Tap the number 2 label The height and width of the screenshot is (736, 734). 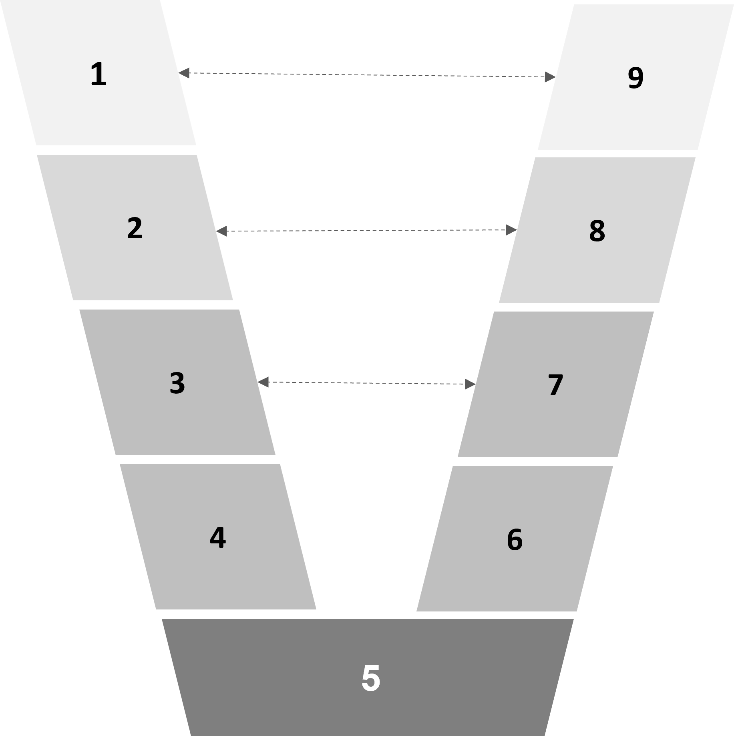click(x=135, y=229)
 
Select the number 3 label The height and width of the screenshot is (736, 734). click(x=177, y=383)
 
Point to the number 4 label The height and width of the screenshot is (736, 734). click(x=218, y=538)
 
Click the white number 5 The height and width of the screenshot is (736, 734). click(x=370, y=678)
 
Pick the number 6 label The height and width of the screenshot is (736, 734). click(x=515, y=540)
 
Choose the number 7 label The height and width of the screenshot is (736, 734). click(x=555, y=385)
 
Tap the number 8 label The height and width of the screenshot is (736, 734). click(x=597, y=231)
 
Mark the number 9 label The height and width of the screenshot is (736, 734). click(x=635, y=78)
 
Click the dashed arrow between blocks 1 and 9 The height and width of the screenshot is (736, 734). click(x=366, y=75)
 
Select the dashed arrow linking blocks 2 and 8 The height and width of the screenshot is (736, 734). click(x=366, y=231)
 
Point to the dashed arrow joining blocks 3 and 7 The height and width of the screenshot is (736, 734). click(x=366, y=383)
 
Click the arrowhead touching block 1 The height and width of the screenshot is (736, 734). click(x=184, y=73)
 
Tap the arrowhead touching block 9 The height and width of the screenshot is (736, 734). click(x=550, y=76)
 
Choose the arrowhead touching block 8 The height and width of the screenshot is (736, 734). click(x=511, y=230)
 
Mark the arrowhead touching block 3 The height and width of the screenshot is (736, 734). click(x=263, y=382)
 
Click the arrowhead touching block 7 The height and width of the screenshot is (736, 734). click(x=470, y=384)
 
